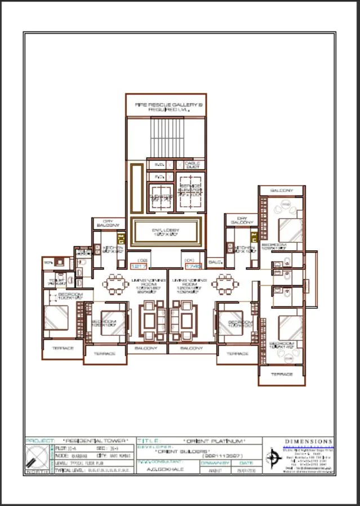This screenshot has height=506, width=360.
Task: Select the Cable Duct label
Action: pyautogui.click(x=192, y=165)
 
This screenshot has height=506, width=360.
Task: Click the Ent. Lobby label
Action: pyautogui.click(x=165, y=231)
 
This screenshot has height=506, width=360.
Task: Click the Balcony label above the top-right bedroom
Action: pyautogui.click(x=281, y=191)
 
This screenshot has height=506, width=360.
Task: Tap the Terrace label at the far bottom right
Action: pyautogui.click(x=281, y=374)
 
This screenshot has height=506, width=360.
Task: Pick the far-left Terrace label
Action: pyautogui.click(x=63, y=348)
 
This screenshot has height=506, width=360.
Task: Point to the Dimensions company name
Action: pyautogui.click(x=309, y=441)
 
